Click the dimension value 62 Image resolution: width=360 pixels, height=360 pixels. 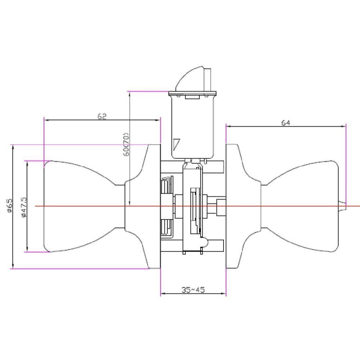point(102,116)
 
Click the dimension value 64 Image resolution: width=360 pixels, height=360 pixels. point(286,123)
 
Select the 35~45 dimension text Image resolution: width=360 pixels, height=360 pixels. point(193,290)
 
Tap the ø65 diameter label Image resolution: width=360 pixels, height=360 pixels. point(9,206)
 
